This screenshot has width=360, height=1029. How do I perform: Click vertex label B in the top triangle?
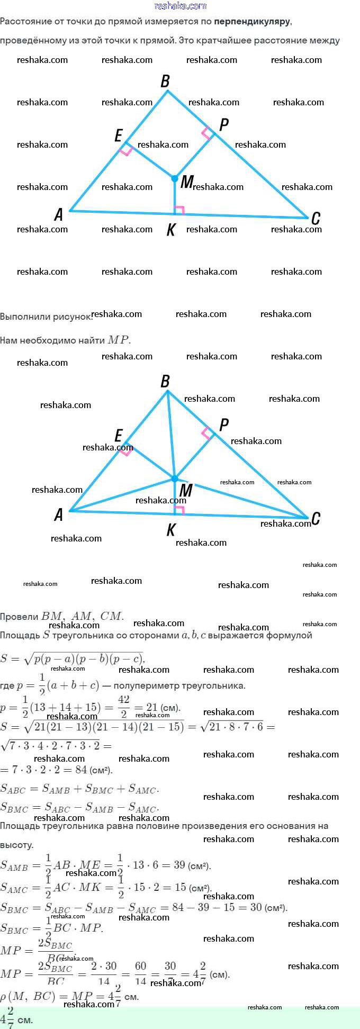[165, 81]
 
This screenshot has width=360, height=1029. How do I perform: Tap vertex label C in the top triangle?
[316, 218]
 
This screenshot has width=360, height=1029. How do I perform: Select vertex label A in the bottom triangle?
[59, 514]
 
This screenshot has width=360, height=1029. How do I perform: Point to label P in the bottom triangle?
[223, 425]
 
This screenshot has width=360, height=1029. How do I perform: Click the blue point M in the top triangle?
[175, 179]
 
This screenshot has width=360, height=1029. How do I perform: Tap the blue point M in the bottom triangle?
[175, 479]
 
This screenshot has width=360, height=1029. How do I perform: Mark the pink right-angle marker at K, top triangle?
[179, 210]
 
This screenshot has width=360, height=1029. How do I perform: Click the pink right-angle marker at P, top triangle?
[206, 133]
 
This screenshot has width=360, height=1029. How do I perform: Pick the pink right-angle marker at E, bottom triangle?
[126, 452]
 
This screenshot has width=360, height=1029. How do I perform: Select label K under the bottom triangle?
[170, 530]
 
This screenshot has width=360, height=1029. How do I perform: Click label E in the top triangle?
[119, 136]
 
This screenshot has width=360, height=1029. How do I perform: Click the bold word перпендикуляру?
[252, 22]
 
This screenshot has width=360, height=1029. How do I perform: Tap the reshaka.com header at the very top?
[180, 6]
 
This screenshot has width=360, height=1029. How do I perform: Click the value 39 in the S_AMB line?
[179, 865]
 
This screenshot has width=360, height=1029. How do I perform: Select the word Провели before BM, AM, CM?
[20, 617]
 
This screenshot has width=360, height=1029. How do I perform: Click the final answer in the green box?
[16, 1018]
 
